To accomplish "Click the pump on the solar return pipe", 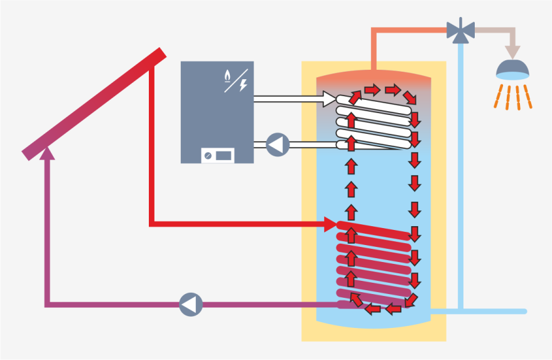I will (x=191, y=305).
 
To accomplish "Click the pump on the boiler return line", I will (x=277, y=145).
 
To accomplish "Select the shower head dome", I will (x=512, y=68).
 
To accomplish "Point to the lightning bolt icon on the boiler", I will (x=243, y=85).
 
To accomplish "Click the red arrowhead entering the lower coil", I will (x=330, y=224).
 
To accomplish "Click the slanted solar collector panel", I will (x=94, y=104).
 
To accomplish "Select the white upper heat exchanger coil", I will (x=377, y=123).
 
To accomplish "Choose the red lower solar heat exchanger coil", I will (x=377, y=264).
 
